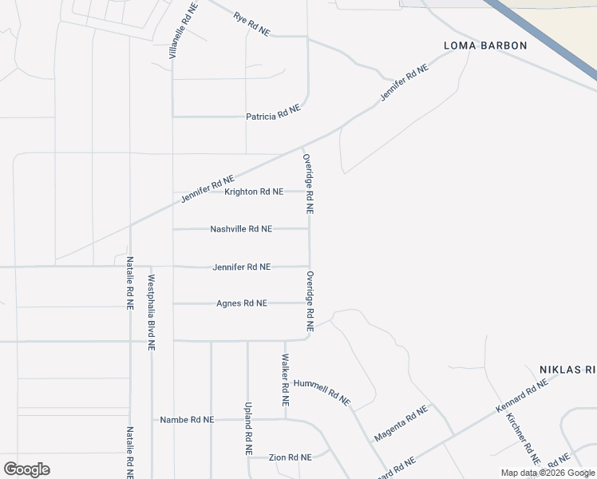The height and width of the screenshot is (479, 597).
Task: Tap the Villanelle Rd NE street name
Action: [x=183, y=31]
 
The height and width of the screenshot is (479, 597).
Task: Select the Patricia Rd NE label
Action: [x=273, y=117]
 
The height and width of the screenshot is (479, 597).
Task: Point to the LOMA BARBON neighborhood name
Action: [x=486, y=46]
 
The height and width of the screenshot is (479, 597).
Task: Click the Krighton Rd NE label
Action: [x=254, y=192]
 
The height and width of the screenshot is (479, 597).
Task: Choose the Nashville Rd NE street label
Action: [x=241, y=229]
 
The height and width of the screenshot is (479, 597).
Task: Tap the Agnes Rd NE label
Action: [x=242, y=303]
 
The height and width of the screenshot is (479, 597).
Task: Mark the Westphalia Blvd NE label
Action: [x=152, y=313]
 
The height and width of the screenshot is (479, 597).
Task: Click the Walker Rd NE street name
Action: [x=285, y=374]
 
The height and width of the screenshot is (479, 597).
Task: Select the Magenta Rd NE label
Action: [x=401, y=423]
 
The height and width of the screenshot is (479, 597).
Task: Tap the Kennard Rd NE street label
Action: [x=522, y=396]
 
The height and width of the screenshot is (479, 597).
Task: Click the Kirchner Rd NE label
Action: [x=524, y=439]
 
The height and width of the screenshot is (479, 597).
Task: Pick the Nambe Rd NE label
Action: [x=187, y=419]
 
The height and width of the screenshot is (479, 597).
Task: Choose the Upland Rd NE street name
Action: [x=248, y=428]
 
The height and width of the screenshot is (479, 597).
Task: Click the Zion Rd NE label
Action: [x=290, y=457]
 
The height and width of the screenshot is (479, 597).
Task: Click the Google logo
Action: [x=26, y=469]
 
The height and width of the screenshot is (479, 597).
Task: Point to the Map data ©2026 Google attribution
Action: [x=548, y=473]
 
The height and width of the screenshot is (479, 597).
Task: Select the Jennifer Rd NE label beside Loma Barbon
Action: [x=405, y=81]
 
